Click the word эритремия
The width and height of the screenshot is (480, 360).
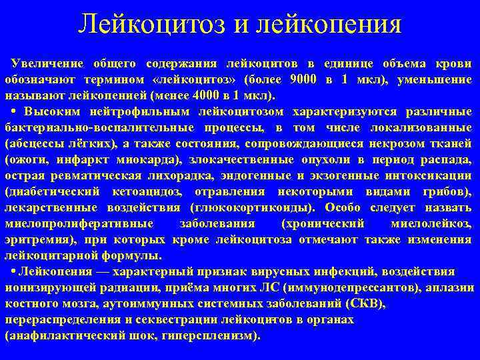coord(32,239)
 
